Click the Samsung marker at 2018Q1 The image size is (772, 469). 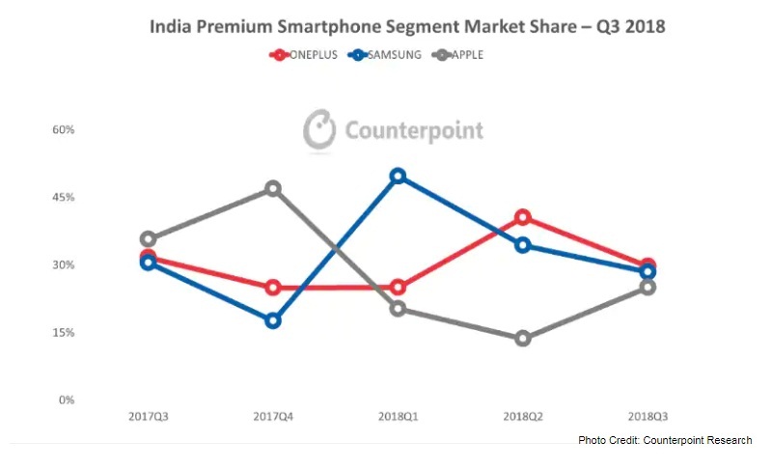398,177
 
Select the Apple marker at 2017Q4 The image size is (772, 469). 273,189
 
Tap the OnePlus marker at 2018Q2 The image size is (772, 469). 523,217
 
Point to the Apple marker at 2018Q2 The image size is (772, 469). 523,339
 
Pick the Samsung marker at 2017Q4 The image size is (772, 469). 273,320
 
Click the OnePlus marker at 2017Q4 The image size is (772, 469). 273,288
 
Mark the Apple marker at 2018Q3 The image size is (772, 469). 648,287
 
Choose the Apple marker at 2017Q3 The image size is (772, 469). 148,239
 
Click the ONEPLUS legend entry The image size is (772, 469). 308,55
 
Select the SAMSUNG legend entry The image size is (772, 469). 387,55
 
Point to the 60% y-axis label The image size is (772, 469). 63,130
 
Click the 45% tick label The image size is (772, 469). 63,198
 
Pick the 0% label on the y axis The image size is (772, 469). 66,400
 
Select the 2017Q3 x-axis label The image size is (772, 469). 148,417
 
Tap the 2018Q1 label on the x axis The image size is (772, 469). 398,417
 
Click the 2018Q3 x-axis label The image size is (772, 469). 648,417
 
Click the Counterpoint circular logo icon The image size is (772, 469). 319,130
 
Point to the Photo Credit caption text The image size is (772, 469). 665,441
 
